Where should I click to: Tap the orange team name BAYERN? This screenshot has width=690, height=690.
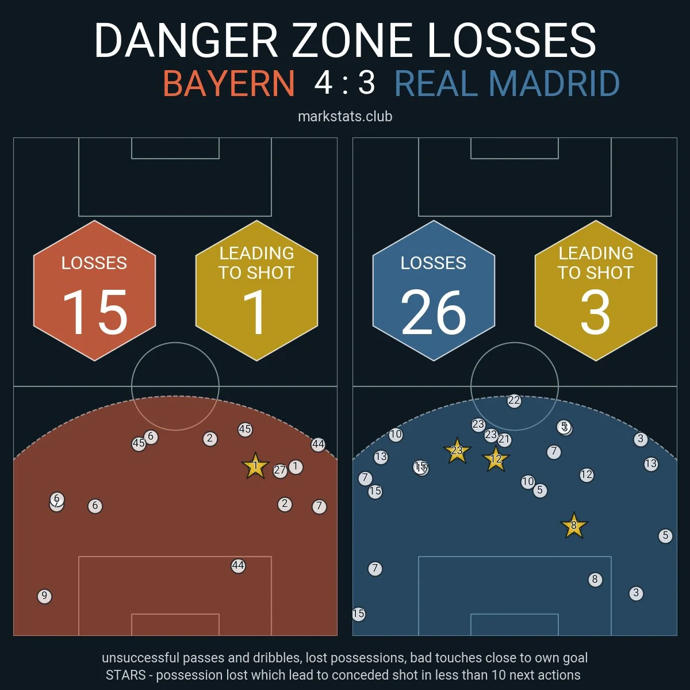[x=229, y=83]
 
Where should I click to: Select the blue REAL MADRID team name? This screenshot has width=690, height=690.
[x=507, y=83]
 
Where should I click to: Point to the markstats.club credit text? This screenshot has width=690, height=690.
[x=345, y=117]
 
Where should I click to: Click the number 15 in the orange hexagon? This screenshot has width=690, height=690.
[x=95, y=312]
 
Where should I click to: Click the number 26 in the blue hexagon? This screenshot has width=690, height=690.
[x=434, y=312]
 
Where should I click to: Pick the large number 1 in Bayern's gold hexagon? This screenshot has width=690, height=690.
[x=255, y=312]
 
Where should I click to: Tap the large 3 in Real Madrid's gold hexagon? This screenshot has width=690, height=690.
[x=595, y=312]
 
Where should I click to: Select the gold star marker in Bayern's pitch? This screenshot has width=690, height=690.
[x=255, y=466]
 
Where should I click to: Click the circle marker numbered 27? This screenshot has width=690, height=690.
[x=280, y=470]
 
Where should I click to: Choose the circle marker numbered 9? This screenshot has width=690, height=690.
[x=44, y=596]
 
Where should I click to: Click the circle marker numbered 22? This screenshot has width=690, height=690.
[x=514, y=401]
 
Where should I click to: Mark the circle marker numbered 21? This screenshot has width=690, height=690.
[x=504, y=440]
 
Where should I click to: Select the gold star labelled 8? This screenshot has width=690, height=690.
[x=573, y=526]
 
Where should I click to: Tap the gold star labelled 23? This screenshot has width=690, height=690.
[x=457, y=451]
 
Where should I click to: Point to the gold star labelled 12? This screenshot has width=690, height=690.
[x=496, y=459]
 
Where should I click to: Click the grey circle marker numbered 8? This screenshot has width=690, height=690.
[x=595, y=580]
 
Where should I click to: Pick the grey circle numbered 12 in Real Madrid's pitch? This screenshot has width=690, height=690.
[x=586, y=475]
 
